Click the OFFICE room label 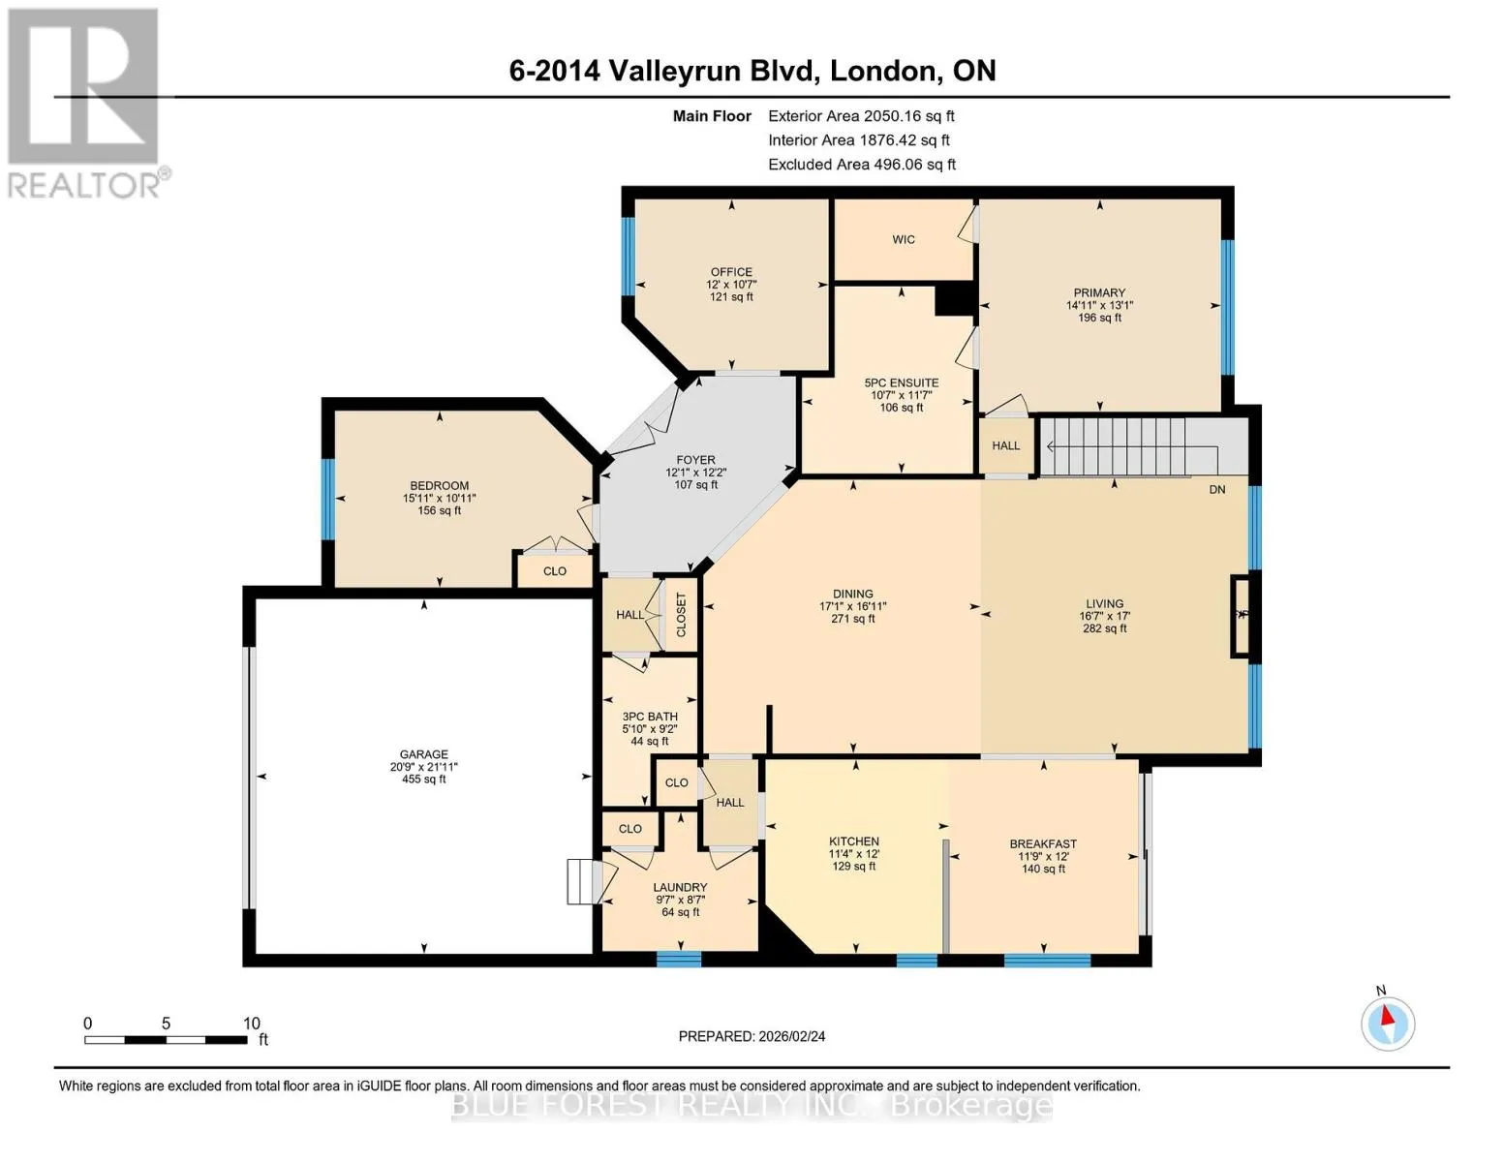[x=731, y=272]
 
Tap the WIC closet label [x=904, y=239]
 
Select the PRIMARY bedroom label [x=1099, y=292]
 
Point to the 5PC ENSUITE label [x=902, y=382]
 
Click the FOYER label [x=695, y=460]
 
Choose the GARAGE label [x=423, y=754]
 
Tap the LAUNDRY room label [x=681, y=887]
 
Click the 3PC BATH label [x=650, y=717]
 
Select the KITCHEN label [x=854, y=841]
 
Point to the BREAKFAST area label [x=1043, y=844]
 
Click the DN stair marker [x=1216, y=489]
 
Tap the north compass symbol [x=1387, y=1024]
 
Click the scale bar [x=167, y=1039]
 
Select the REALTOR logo [x=86, y=103]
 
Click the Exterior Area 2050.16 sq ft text [x=861, y=116]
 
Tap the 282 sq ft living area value [x=1105, y=628]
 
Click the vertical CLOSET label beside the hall [x=681, y=615]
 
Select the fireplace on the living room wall [x=1242, y=615]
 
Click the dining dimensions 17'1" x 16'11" [x=852, y=606]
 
